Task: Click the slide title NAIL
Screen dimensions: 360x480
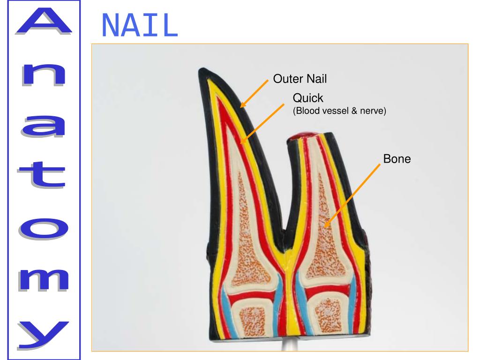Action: [x=139, y=26]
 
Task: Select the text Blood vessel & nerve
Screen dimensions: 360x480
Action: [x=339, y=112]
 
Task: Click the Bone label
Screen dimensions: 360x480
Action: [x=397, y=159]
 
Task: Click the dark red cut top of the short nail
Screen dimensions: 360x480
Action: [x=303, y=136]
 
